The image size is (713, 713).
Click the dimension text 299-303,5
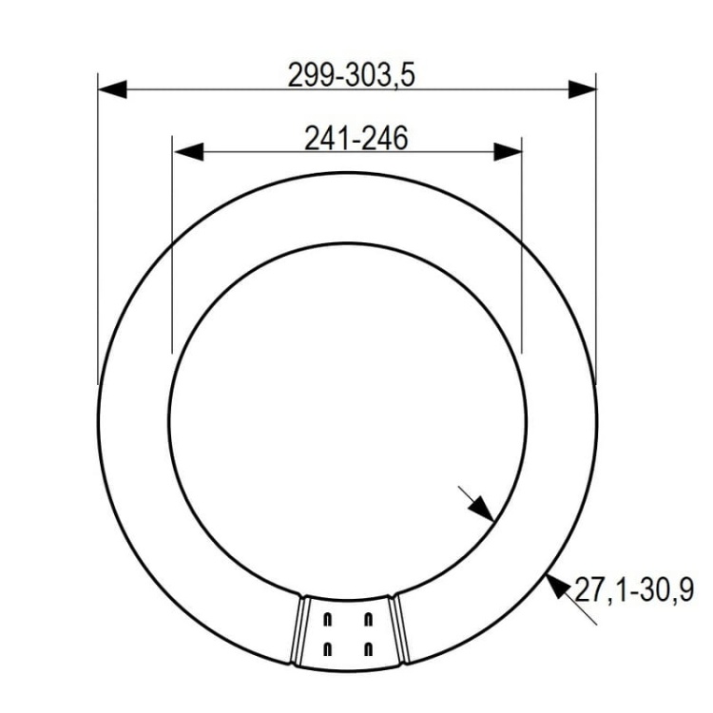(x=351, y=74)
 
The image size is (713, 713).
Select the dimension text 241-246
(x=356, y=139)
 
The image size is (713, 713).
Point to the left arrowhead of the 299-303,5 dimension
(x=112, y=88)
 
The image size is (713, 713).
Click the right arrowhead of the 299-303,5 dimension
(x=583, y=88)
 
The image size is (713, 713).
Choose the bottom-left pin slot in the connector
(x=328, y=649)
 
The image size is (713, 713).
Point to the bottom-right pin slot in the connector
(x=369, y=649)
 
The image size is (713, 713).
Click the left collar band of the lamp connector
(x=297, y=632)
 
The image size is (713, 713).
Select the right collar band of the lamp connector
(x=399, y=632)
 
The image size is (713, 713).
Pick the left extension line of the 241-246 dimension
(x=171, y=247)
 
